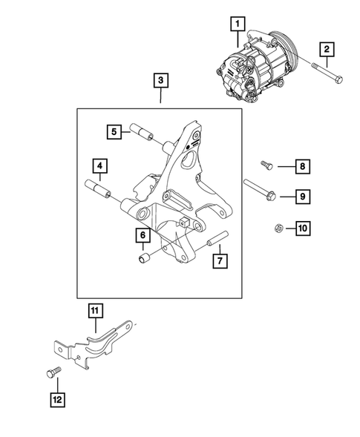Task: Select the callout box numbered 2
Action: (x=327, y=50)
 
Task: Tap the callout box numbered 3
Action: (x=160, y=80)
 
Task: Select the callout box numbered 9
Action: (x=304, y=197)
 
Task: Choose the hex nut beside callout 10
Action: (x=274, y=228)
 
